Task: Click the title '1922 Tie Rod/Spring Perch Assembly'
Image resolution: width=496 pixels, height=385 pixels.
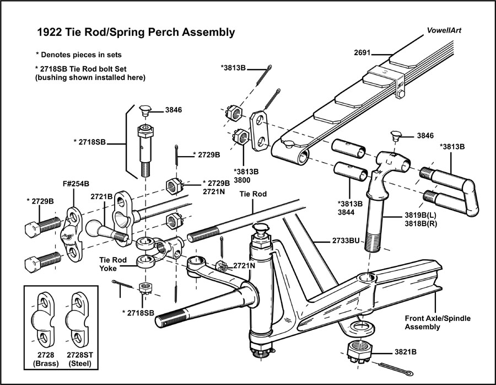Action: [x=136, y=33]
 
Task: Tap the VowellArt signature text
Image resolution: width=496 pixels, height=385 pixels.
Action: [x=444, y=31]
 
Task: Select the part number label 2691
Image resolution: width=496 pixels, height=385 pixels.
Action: [x=363, y=54]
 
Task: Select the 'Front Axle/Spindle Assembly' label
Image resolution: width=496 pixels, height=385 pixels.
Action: [x=438, y=323]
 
